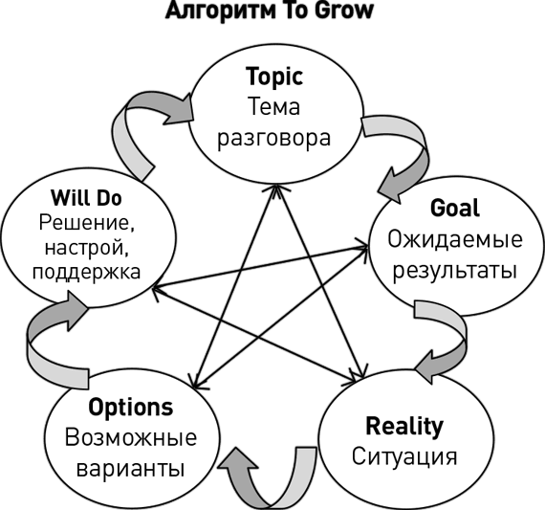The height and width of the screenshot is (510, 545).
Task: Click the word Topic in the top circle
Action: click(274, 78)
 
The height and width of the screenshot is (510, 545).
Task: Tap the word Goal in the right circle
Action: click(454, 208)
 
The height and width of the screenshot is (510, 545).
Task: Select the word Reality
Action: click(404, 427)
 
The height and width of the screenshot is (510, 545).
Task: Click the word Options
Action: click(131, 408)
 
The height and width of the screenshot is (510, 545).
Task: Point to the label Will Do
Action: click(86, 198)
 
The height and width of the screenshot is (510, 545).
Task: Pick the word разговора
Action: click(273, 139)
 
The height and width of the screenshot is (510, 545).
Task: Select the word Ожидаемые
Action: click(455, 240)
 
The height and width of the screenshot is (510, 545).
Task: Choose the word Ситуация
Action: click(404, 456)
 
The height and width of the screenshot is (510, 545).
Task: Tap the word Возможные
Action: click(131, 437)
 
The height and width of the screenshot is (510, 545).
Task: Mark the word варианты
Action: click(130, 469)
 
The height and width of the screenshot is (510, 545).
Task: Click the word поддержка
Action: click(87, 273)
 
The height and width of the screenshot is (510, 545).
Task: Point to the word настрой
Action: click(87, 248)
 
